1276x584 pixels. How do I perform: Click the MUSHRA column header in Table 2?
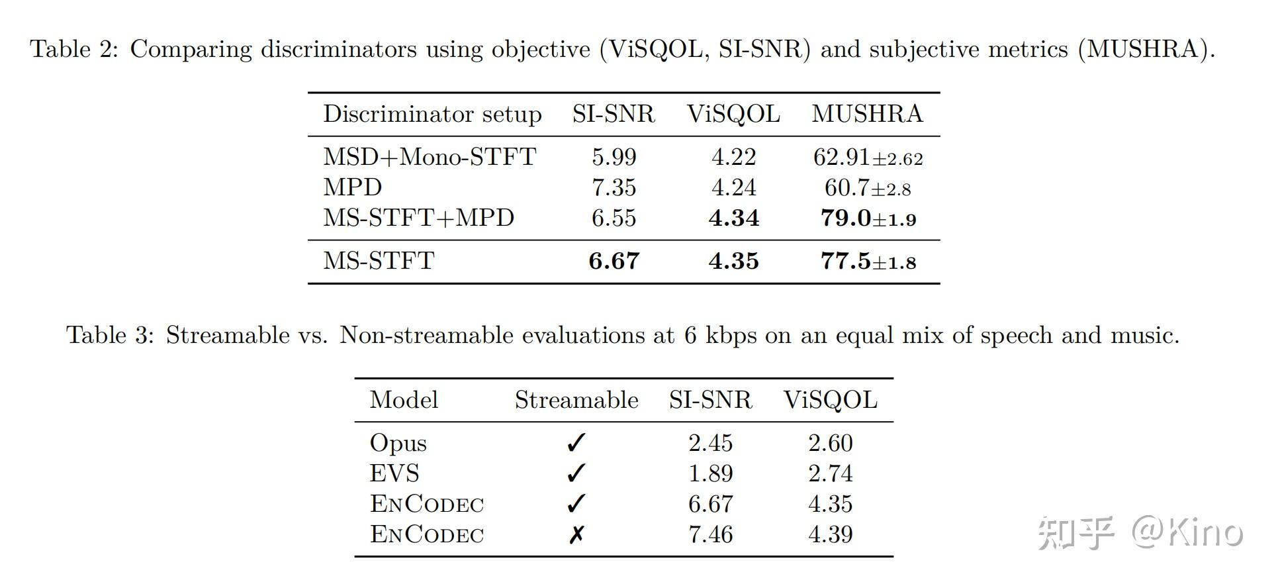pos(867,114)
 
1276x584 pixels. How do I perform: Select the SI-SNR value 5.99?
pos(614,157)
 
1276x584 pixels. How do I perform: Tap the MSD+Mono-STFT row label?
pos(430,157)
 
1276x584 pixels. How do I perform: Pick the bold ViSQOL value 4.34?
pos(733,218)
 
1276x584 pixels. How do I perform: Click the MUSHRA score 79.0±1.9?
pos(868,218)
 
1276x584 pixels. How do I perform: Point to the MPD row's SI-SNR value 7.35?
pos(614,187)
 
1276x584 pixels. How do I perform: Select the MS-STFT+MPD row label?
pos(418,218)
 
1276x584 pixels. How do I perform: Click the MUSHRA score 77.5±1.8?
pos(868,261)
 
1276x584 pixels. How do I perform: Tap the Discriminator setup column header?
pos(432,114)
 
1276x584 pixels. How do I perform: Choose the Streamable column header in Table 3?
pos(576,400)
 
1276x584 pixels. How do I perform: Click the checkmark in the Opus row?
pos(576,443)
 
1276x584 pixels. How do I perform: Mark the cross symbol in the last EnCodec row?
pos(576,534)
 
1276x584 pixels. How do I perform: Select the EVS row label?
pos(394,473)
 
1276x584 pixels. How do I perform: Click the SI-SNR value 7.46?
pos(710,534)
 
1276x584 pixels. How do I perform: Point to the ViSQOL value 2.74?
pos(830,473)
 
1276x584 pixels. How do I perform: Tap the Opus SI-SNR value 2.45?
pos(710,443)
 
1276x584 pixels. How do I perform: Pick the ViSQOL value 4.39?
pos(830,534)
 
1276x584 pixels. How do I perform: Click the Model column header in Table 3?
pos(404,400)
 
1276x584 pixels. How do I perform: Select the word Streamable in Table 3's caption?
pos(228,335)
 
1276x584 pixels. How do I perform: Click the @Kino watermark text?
pos(1186,532)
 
